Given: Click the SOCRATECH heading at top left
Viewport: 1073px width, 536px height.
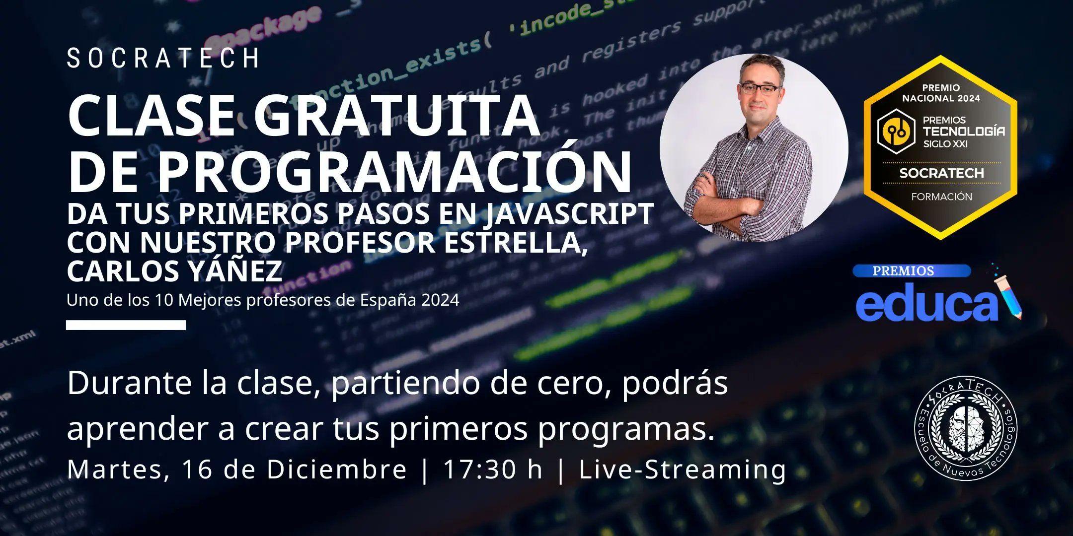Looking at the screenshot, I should pyautogui.click(x=163, y=59).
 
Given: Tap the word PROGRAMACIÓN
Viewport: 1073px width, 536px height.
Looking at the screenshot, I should pyautogui.click(x=394, y=171).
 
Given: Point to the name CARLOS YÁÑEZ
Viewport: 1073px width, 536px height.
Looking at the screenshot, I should pyautogui.click(x=174, y=271).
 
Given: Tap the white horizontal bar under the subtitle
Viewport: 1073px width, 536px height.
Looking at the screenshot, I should pyautogui.click(x=126, y=325).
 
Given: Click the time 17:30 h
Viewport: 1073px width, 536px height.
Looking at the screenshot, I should pyautogui.click(x=492, y=469).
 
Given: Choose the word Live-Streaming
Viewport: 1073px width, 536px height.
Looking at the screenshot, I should pyautogui.click(x=683, y=469).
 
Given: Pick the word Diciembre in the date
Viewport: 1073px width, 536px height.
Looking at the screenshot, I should pyautogui.click(x=336, y=469).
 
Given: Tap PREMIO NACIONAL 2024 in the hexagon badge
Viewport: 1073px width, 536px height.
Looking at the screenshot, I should pyautogui.click(x=941, y=93).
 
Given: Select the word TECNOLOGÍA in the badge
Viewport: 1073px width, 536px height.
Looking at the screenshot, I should pyautogui.click(x=964, y=132).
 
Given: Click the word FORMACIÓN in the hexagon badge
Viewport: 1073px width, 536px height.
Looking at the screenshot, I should pyautogui.click(x=941, y=197).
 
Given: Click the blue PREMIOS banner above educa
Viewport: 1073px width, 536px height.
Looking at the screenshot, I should pyautogui.click(x=911, y=271).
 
